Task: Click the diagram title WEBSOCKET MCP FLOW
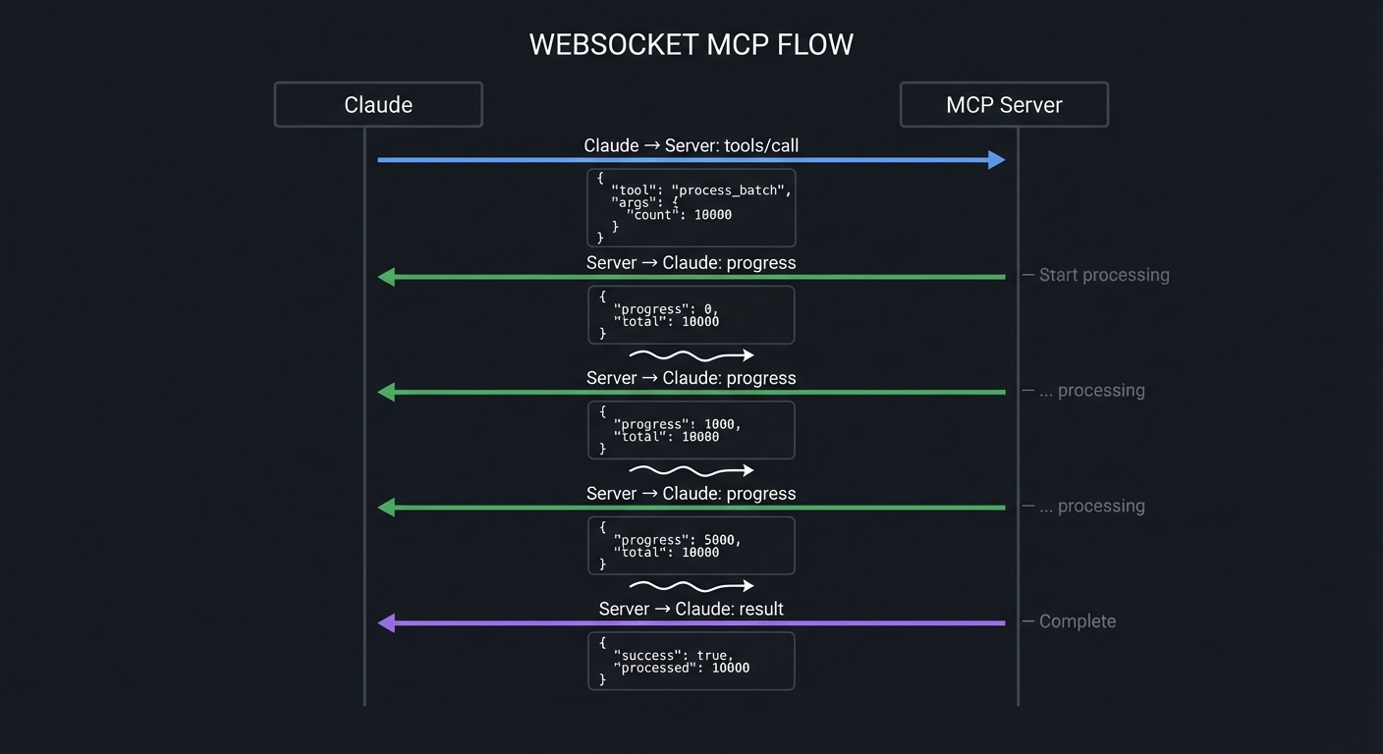point(691,45)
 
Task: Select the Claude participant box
point(378,105)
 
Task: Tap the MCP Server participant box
point(1004,105)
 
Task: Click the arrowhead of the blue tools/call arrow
point(996,160)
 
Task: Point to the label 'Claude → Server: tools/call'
point(691,145)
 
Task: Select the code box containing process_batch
point(691,207)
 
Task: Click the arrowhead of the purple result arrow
point(387,622)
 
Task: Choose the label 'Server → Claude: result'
point(691,609)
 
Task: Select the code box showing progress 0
point(691,315)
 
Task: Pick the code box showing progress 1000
point(691,430)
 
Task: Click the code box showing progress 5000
point(691,546)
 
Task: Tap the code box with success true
point(691,661)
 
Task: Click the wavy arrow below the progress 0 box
point(691,355)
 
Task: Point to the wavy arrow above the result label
point(691,586)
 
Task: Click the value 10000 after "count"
point(712,215)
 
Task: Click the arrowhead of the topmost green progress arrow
point(387,277)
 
